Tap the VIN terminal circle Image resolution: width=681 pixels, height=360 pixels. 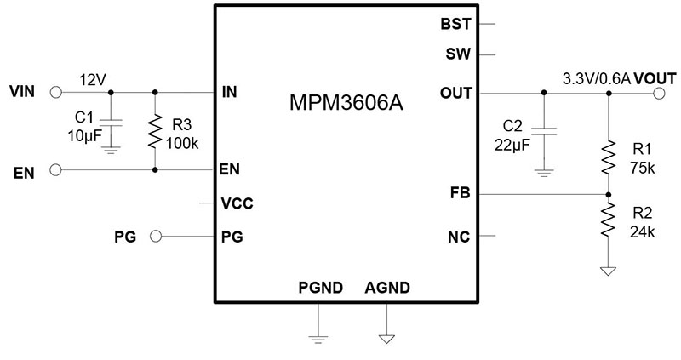[x=56, y=91]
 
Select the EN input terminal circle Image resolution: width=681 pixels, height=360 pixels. [x=56, y=170]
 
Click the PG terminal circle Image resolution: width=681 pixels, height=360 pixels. [x=155, y=237]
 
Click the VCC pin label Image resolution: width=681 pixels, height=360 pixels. [x=236, y=204]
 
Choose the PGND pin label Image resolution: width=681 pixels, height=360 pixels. [x=319, y=288]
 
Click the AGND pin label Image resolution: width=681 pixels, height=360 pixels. [x=387, y=288]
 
